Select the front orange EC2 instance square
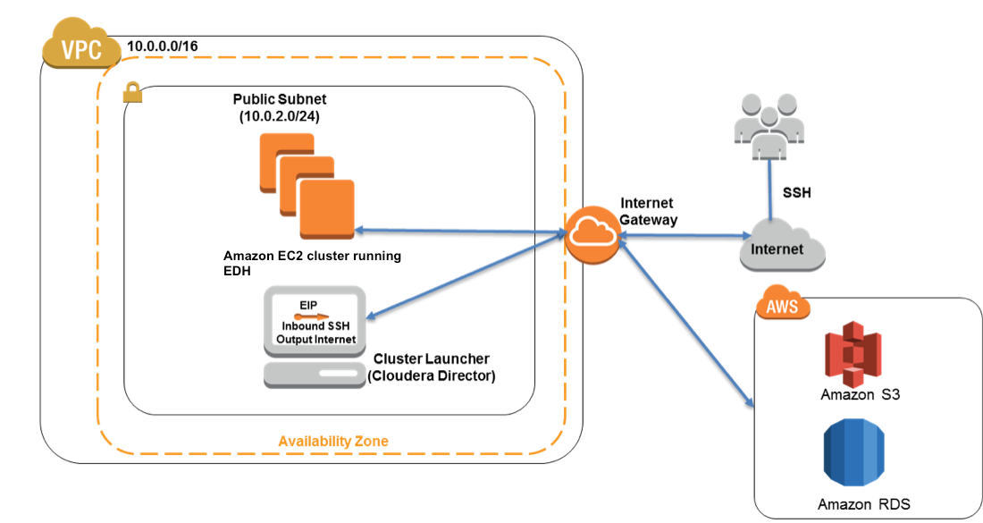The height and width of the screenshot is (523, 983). (326, 208)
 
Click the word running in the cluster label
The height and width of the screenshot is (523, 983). (378, 256)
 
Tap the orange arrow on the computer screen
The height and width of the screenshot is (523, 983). (312, 317)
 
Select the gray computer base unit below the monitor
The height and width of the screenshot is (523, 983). (315, 374)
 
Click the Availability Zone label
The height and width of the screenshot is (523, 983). (333, 442)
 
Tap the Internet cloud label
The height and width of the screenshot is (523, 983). (777, 249)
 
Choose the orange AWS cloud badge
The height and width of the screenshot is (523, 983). (783, 304)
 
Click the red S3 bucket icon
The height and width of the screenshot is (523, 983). (853, 354)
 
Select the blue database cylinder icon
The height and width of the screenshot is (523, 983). (853, 451)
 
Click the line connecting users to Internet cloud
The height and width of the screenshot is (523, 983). (769, 189)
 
